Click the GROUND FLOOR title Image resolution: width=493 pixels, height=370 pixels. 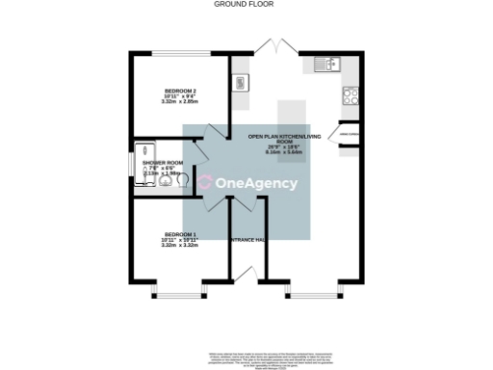point(244,4)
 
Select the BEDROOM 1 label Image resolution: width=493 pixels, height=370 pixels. point(180,235)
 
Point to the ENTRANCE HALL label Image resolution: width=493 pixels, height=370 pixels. point(246,238)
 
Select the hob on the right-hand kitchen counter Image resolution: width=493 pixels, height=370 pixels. point(350,95)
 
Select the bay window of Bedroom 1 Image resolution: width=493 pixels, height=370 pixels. point(179,288)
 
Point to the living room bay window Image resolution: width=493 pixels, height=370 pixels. point(313,288)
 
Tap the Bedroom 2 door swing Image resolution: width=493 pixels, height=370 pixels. point(216,133)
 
